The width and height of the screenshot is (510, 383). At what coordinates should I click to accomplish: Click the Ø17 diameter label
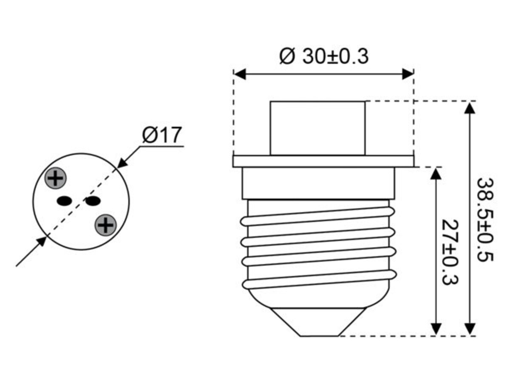[162, 135]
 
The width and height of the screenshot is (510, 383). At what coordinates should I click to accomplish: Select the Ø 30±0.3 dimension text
[323, 57]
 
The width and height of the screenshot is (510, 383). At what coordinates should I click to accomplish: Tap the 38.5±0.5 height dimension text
[484, 220]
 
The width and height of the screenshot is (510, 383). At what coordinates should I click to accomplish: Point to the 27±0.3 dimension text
[449, 252]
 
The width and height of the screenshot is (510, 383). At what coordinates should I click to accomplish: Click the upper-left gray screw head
[56, 178]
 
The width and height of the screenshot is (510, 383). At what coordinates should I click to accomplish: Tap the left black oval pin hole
[64, 200]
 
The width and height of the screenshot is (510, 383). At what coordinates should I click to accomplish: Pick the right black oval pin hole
[92, 200]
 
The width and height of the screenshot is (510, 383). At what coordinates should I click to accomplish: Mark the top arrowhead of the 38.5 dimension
[470, 107]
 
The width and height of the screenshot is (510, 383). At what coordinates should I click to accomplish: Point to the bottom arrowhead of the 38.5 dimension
[470, 329]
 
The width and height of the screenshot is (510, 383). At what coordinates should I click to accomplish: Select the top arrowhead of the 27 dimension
[436, 173]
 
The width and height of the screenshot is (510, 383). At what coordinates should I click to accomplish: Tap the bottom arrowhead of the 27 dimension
[436, 329]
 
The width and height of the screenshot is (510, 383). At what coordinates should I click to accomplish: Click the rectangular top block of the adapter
[317, 128]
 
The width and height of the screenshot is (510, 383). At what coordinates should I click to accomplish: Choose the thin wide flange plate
[323, 161]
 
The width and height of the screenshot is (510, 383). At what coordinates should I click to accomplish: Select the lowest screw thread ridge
[319, 280]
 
